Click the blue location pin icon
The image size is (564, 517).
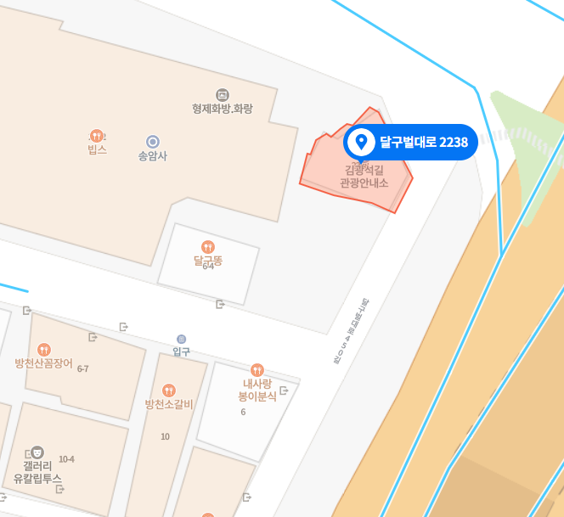[361, 142]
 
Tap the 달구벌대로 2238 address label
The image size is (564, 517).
[423, 142]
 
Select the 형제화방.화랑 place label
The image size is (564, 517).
[223, 109]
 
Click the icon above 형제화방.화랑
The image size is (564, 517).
[223, 94]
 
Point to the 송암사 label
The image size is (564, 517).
[153, 156]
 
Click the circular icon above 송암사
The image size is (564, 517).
[153, 142]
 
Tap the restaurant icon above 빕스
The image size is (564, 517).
[97, 135]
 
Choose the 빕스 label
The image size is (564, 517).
[97, 149]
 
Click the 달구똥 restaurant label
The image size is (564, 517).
[207, 261]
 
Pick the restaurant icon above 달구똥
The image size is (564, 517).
[208, 247]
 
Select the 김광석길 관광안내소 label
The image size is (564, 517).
[364, 177]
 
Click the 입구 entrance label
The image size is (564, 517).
[181, 351]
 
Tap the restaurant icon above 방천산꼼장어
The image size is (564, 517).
[44, 350]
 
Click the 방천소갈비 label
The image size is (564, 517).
[169, 404]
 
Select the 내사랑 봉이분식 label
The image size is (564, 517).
[257, 390]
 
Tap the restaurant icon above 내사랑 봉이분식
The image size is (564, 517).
[257, 369]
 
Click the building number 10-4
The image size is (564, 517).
[67, 459]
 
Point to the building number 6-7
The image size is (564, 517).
[83, 368]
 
